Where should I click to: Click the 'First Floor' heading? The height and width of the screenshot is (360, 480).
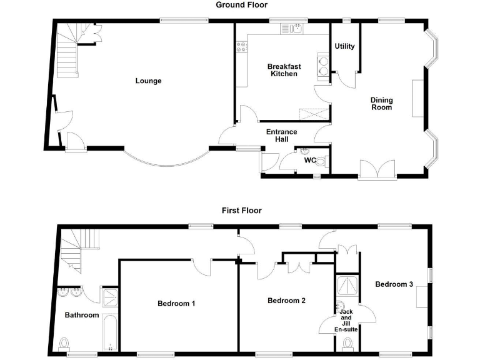click(x=241, y=211)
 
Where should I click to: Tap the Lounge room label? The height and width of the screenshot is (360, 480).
click(x=149, y=81)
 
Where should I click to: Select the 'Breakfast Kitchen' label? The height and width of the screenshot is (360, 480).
click(x=283, y=70)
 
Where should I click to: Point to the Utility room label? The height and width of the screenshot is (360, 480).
click(x=344, y=46)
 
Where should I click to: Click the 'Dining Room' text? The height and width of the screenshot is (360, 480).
click(x=381, y=103)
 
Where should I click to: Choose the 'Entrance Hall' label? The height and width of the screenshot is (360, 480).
click(x=282, y=136)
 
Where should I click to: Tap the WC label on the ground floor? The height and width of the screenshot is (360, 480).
click(x=309, y=160)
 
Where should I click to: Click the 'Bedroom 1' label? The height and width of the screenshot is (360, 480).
click(x=176, y=304)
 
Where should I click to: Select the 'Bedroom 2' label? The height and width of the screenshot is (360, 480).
click(x=286, y=301)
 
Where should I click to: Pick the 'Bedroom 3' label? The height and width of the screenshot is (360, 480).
click(x=394, y=284)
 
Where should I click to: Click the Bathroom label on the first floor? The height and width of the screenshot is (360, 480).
click(x=82, y=315)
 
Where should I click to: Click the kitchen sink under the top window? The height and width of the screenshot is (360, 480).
click(x=293, y=29)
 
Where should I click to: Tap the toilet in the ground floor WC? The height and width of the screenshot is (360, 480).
click(x=321, y=161)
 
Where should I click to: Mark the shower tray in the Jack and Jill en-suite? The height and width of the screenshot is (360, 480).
click(x=347, y=286)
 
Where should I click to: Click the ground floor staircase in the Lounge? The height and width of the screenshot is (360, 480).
click(x=66, y=53)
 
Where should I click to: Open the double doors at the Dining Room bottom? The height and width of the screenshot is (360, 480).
click(x=377, y=170)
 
